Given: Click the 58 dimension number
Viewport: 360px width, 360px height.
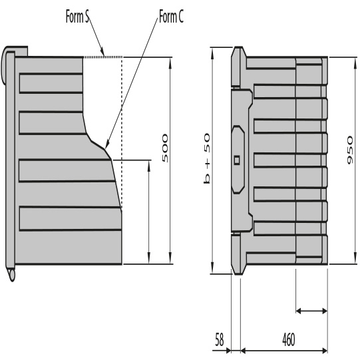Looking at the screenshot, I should click(x=220, y=339).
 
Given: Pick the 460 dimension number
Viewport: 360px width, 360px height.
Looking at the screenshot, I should click(x=288, y=339).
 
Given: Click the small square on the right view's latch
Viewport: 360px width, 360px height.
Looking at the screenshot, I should click(x=237, y=160).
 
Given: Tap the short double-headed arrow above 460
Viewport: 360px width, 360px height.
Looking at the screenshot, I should click(x=311, y=310).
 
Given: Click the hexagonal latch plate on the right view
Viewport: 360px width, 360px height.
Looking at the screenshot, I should click(x=237, y=159).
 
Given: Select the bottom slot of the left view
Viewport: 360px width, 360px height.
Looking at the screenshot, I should click(x=67, y=218).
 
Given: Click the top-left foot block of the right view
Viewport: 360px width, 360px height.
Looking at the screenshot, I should click(x=238, y=67).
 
